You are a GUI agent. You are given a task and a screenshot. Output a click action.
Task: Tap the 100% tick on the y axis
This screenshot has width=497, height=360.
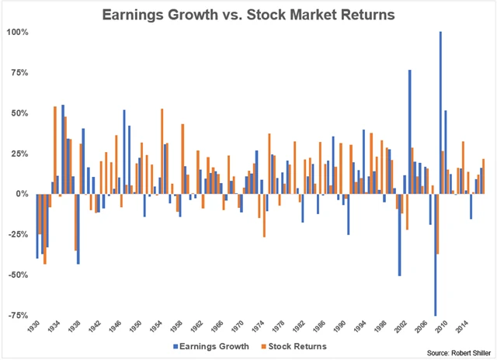tap(19, 33)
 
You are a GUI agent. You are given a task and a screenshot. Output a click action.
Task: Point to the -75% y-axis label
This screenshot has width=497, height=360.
tap(19, 315)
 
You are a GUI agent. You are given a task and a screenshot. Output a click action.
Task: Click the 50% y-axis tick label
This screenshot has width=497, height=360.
tap(20, 113)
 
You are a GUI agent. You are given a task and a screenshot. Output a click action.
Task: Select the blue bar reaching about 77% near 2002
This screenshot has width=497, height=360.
tap(409, 132)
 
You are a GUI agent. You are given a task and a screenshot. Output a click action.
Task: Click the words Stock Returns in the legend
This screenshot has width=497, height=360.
tap(304, 346)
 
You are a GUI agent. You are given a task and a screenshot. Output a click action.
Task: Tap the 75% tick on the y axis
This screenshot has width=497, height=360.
tap(20, 73)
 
